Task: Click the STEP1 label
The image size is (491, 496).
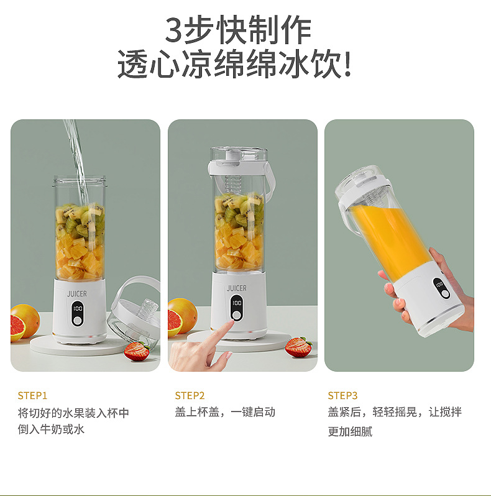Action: click(32, 395)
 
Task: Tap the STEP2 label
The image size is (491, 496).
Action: click(190, 395)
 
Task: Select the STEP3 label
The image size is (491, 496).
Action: click(343, 395)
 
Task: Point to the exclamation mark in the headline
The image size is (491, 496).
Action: click(347, 65)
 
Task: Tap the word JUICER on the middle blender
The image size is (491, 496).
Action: click(237, 288)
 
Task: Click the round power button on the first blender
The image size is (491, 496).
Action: click(78, 321)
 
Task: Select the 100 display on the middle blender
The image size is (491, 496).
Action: click(237, 303)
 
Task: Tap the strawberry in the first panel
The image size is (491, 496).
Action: click(135, 351)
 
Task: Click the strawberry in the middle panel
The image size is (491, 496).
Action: click(298, 347)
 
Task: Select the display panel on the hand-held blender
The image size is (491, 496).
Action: click(441, 287)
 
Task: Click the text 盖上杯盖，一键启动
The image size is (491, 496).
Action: click(225, 412)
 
